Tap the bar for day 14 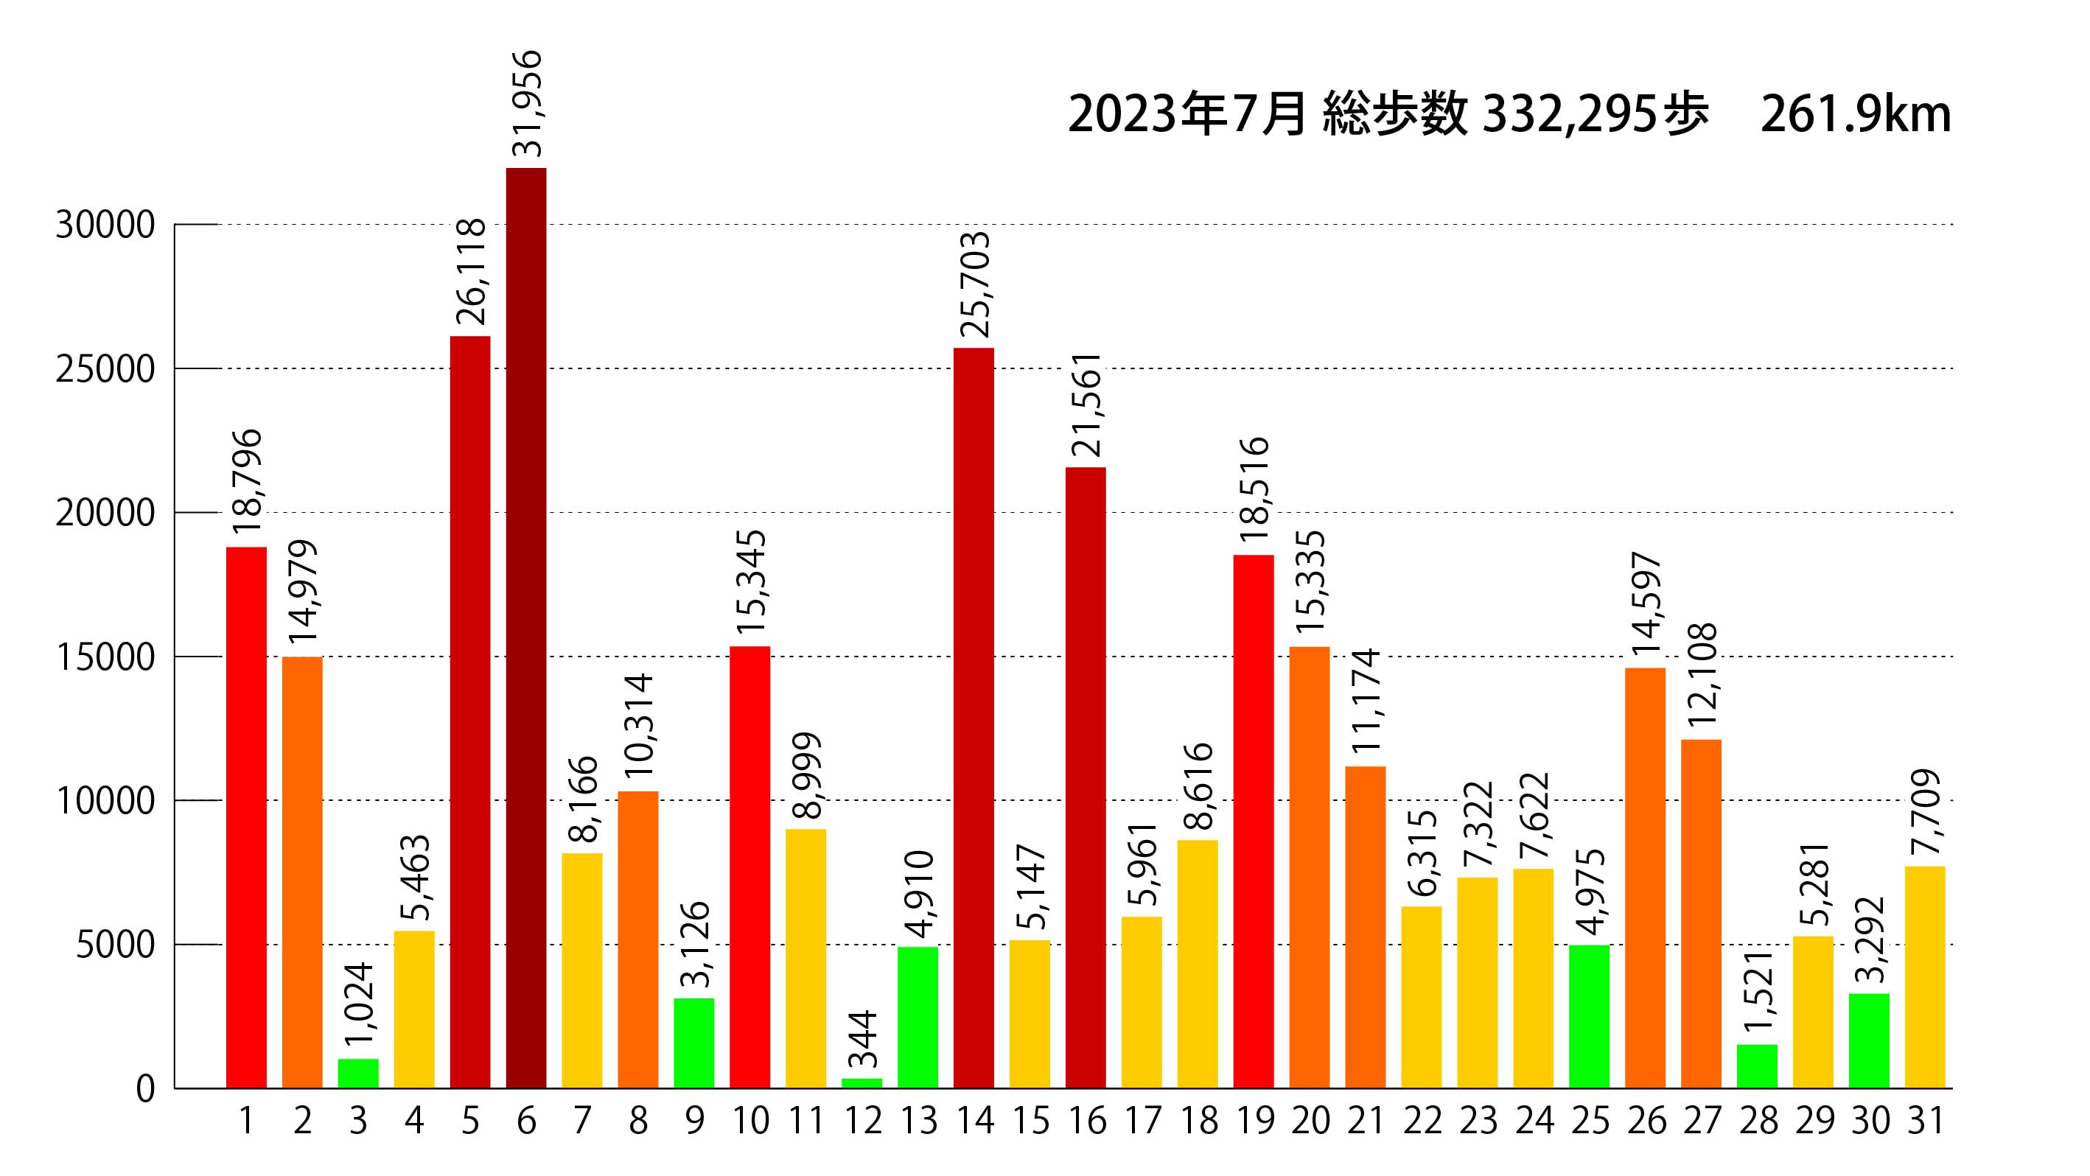click(974, 718)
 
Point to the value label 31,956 click(528, 104)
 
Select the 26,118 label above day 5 click(472, 273)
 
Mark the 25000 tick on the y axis click(105, 370)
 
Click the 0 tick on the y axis click(145, 1089)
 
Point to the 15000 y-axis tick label click(105, 658)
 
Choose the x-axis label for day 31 click(1926, 1121)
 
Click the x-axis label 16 click(1086, 1121)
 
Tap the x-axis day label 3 click(358, 1121)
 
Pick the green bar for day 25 click(1590, 1016)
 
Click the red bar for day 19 click(1254, 821)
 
